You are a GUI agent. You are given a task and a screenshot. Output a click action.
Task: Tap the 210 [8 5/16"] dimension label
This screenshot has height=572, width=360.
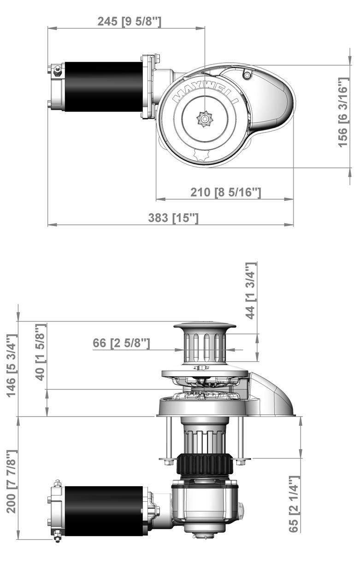point(226,192)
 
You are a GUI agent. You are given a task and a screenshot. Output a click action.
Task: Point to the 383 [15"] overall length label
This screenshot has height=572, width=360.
point(173,218)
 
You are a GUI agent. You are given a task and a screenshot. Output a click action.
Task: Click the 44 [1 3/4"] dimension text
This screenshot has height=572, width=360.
point(250,291)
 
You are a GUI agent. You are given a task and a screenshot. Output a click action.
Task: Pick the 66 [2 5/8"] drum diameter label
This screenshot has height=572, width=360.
point(121,343)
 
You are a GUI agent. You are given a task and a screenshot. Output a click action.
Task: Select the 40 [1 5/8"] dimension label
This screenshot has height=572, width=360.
point(41,352)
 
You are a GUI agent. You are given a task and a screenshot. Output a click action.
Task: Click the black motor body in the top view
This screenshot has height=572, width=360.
point(103,87)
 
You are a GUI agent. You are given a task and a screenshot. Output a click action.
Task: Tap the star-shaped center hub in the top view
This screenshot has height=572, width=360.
point(204,119)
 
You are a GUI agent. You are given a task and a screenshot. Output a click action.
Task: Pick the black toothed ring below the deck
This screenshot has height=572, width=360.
point(204,465)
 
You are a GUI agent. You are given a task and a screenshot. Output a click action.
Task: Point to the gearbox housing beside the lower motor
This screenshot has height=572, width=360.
point(205,505)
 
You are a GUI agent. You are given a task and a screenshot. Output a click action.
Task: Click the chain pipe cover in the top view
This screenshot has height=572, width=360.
point(272,99)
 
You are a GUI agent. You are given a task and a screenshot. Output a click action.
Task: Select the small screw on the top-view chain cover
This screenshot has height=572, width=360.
point(247,75)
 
